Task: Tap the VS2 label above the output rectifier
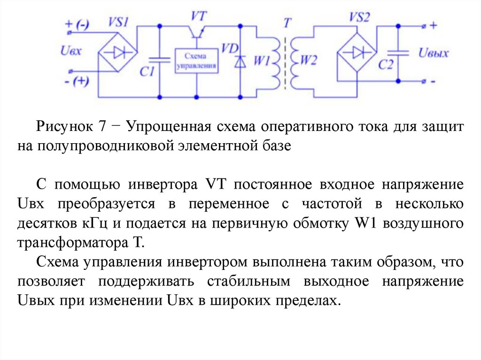pos(359,17)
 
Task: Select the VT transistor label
pos(198,15)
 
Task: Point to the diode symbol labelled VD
pos(240,61)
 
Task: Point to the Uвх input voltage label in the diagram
pos(71,51)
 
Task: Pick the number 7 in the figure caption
pos(102,127)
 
